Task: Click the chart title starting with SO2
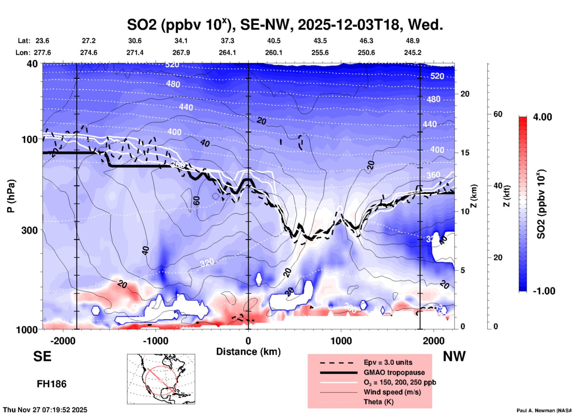click(x=285, y=25)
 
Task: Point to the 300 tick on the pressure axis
click(x=30, y=230)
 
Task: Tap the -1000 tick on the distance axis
click(x=156, y=341)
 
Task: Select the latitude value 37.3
click(x=227, y=41)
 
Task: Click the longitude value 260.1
click(x=274, y=53)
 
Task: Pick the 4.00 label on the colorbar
click(x=542, y=117)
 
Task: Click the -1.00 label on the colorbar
click(x=544, y=291)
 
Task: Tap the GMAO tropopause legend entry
click(x=394, y=372)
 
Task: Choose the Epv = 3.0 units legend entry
click(x=388, y=362)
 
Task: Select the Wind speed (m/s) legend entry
click(x=392, y=392)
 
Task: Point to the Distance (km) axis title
click(x=248, y=352)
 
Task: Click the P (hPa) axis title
click(x=11, y=196)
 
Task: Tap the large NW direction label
click(x=454, y=356)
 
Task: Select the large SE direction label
click(x=42, y=356)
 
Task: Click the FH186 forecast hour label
click(x=52, y=384)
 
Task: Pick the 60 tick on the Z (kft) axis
click(x=498, y=114)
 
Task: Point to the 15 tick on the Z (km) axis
click(x=465, y=153)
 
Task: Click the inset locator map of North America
click(x=161, y=379)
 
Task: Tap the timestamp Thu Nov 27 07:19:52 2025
click(x=45, y=410)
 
